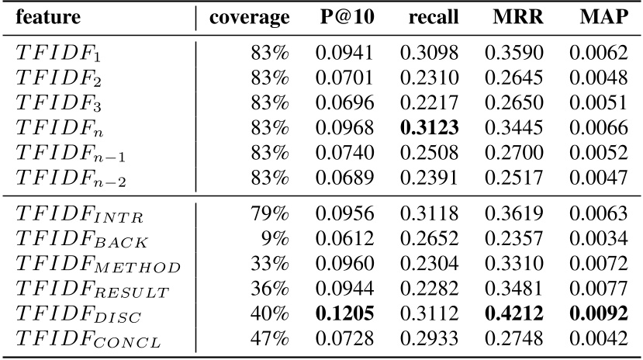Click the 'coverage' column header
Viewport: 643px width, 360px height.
click(249, 17)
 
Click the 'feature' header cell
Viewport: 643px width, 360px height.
click(50, 17)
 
